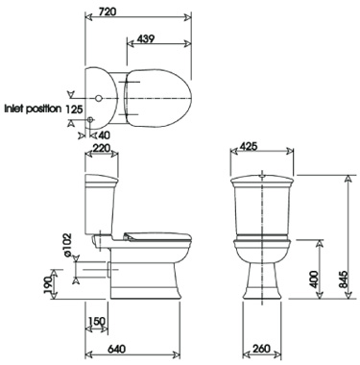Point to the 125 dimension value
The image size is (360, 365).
pos(74,109)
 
